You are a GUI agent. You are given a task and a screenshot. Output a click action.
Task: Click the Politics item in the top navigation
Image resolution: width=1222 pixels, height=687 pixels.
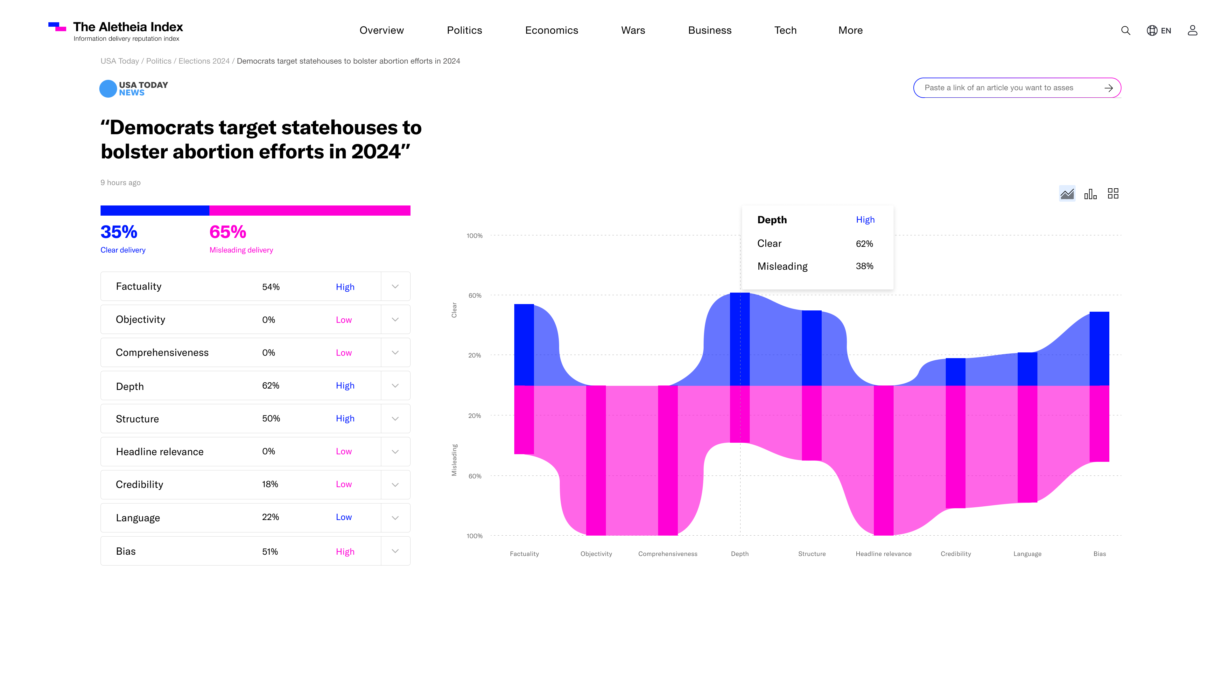(x=464, y=30)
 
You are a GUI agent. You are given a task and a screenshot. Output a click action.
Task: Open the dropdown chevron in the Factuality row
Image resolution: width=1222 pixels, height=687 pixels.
(x=395, y=286)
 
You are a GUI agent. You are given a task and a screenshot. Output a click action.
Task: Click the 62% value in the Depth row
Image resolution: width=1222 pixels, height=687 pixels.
(x=270, y=385)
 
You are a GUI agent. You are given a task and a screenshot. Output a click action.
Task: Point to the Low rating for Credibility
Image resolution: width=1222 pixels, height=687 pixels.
(x=343, y=484)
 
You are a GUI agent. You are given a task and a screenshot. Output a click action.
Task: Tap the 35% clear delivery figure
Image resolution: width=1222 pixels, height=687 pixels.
(x=119, y=232)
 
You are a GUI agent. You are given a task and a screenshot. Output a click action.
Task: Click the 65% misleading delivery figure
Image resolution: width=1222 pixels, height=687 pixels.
(x=228, y=232)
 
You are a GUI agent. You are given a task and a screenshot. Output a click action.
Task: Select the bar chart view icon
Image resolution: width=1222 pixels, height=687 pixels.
(x=1090, y=194)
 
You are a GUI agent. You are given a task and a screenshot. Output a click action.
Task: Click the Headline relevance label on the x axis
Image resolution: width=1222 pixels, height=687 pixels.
(x=883, y=554)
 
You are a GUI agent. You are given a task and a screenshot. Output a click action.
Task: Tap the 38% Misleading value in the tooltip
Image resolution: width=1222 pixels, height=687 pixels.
(x=864, y=266)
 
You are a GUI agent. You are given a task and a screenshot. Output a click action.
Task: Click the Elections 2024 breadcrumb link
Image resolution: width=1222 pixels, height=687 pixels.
(x=204, y=61)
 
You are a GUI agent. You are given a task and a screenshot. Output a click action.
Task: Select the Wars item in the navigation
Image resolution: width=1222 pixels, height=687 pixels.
(x=633, y=30)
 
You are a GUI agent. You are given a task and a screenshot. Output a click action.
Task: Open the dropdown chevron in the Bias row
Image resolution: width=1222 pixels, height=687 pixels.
(x=395, y=551)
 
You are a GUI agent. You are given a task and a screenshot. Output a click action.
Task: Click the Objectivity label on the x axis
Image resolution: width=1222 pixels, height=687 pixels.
(x=596, y=554)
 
